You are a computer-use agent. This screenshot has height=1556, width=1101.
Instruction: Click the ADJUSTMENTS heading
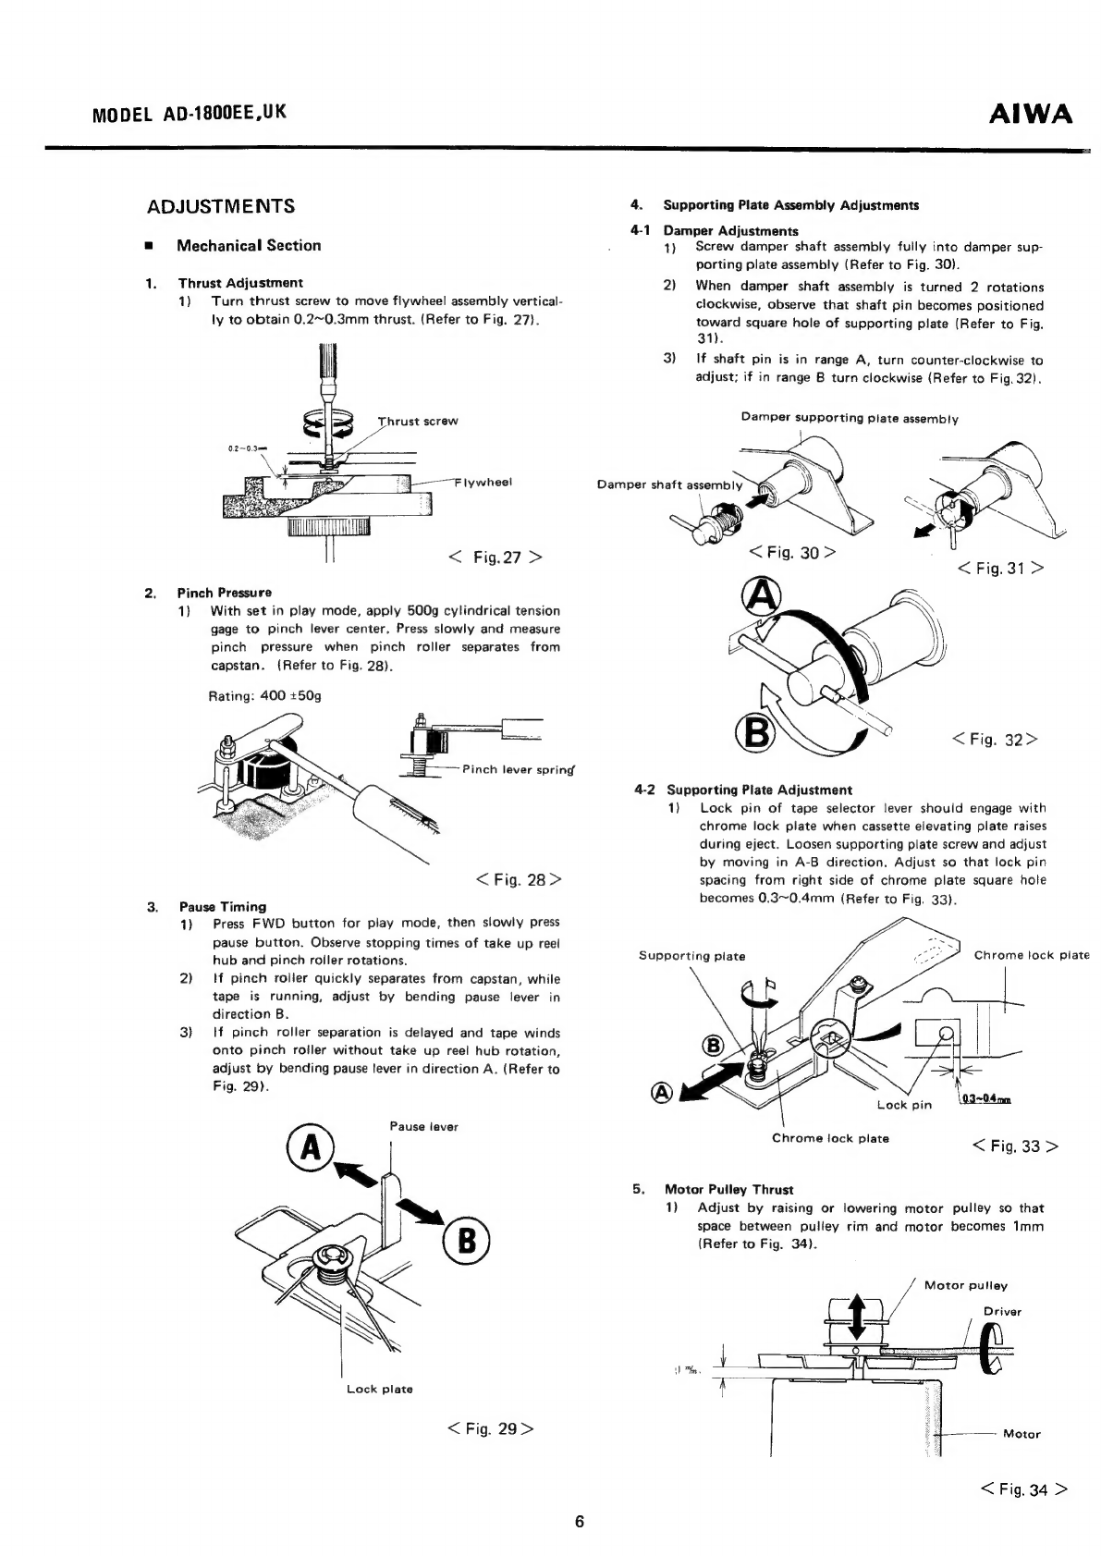click(x=221, y=206)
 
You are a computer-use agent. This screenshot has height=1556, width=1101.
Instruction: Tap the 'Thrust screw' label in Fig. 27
click(x=418, y=421)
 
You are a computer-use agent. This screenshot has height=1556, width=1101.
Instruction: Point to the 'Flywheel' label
click(x=483, y=482)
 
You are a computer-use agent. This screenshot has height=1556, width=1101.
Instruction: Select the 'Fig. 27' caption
click(x=496, y=557)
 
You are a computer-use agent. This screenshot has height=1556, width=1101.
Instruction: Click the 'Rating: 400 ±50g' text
click(x=264, y=696)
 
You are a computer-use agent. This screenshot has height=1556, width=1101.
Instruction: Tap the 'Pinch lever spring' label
click(x=519, y=769)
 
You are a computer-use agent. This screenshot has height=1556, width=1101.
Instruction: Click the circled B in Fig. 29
click(x=467, y=1241)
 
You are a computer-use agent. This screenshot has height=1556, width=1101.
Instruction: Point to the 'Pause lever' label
click(x=423, y=1127)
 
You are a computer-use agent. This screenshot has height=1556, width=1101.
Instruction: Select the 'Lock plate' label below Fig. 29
click(x=379, y=1389)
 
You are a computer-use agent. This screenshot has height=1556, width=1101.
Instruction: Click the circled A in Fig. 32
click(x=762, y=596)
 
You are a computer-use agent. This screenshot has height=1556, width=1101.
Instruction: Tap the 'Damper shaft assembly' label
click(x=669, y=484)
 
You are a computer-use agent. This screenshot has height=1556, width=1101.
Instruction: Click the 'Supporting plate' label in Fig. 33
click(x=691, y=956)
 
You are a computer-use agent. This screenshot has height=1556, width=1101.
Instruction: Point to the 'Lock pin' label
click(x=904, y=1105)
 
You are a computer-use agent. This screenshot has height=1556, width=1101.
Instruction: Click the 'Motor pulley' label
click(x=965, y=1285)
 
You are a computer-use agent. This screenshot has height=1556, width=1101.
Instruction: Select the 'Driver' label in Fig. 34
click(x=1002, y=1312)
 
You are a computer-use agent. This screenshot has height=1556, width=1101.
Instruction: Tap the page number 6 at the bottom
click(x=580, y=1521)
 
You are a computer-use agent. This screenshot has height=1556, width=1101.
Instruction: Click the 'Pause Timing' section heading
click(x=222, y=906)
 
